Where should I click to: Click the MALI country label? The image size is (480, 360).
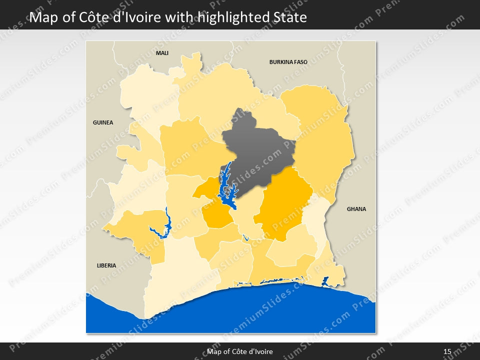tap(162, 52)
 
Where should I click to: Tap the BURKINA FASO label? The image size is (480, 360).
tap(288, 62)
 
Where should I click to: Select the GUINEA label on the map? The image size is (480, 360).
tap(103, 122)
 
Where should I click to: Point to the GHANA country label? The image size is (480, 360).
tap(356, 209)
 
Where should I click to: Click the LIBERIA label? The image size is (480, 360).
tap(106, 265)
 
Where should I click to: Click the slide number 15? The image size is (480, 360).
tap(447, 351)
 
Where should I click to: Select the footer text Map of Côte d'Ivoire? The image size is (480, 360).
tap(240, 351)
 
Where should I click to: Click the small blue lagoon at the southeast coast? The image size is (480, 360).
tap(325, 281)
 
